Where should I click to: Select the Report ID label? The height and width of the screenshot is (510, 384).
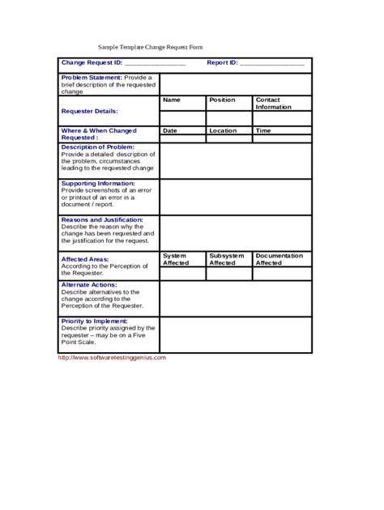tap(222, 62)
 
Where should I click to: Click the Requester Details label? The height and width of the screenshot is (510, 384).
tap(89, 111)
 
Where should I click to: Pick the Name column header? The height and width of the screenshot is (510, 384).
tap(171, 100)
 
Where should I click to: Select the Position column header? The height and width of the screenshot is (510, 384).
tap(222, 100)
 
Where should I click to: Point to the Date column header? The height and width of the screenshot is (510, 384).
tap(170, 130)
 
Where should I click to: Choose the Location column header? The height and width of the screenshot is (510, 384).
tap(223, 130)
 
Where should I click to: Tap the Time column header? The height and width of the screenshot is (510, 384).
tap(263, 130)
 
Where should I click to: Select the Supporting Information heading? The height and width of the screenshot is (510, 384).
tap(98, 183)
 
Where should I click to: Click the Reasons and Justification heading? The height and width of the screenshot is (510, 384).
tap(102, 219)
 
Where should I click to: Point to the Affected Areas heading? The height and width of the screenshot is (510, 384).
tap(85, 259)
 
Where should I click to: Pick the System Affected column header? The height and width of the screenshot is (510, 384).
tap(176, 259)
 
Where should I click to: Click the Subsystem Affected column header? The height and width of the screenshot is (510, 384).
tap(227, 259)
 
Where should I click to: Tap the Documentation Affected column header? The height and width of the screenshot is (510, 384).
tap(279, 259)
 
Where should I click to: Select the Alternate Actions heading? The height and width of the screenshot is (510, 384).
tap(89, 285)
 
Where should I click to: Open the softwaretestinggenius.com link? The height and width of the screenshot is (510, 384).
tap(112, 357)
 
